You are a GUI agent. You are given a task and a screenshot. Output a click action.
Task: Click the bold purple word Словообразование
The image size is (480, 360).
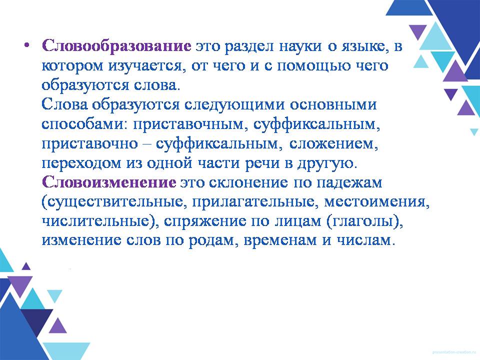pos(116,46)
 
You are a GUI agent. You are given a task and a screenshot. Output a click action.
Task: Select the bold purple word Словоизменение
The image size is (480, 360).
pos(109,182)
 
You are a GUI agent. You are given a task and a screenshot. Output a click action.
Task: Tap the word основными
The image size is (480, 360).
pos(333,104)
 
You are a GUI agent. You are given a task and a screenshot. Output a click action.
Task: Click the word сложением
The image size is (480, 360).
pos(333,144)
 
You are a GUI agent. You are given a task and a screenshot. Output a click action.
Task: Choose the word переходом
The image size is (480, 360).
pos(81,163)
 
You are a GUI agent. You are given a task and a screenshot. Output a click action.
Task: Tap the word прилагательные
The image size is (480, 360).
pos(253,202)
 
